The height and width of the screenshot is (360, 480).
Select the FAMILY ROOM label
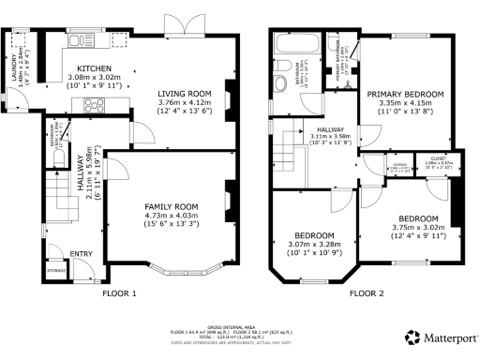click(x=169, y=206)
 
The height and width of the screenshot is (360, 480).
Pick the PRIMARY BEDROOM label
click(x=405, y=94)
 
